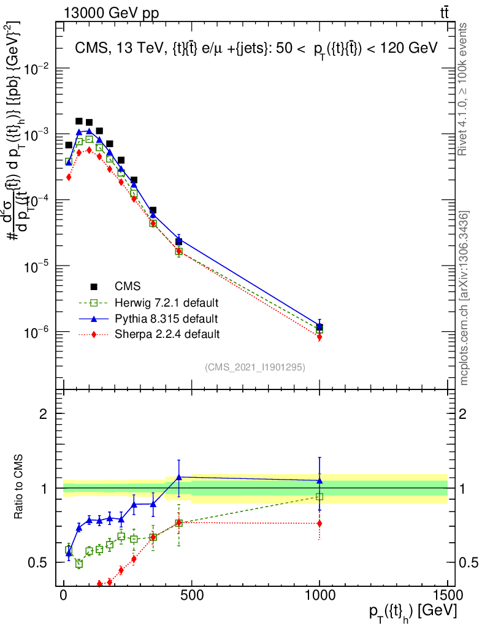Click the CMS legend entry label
pyautogui.click(x=128, y=286)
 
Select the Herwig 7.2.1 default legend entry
pyautogui.click(x=167, y=303)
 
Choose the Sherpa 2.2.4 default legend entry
pyautogui.click(x=166, y=334)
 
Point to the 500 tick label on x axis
pyautogui.click(x=191, y=595)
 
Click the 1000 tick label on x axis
pyautogui.click(x=319, y=595)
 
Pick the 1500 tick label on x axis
pyautogui.click(x=447, y=595)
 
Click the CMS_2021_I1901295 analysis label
pyautogui.click(x=255, y=367)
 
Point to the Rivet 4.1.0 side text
pyautogui.click(x=464, y=89)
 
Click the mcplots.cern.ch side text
pyautogui.click(x=464, y=297)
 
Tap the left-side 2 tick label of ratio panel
pyautogui.click(x=44, y=415)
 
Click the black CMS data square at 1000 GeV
pyautogui.click(x=319, y=327)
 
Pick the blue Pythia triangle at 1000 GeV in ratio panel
pyautogui.click(x=319, y=481)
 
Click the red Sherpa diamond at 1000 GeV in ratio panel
pyautogui.click(x=319, y=523)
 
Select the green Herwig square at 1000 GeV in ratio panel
pyautogui.click(x=319, y=497)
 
